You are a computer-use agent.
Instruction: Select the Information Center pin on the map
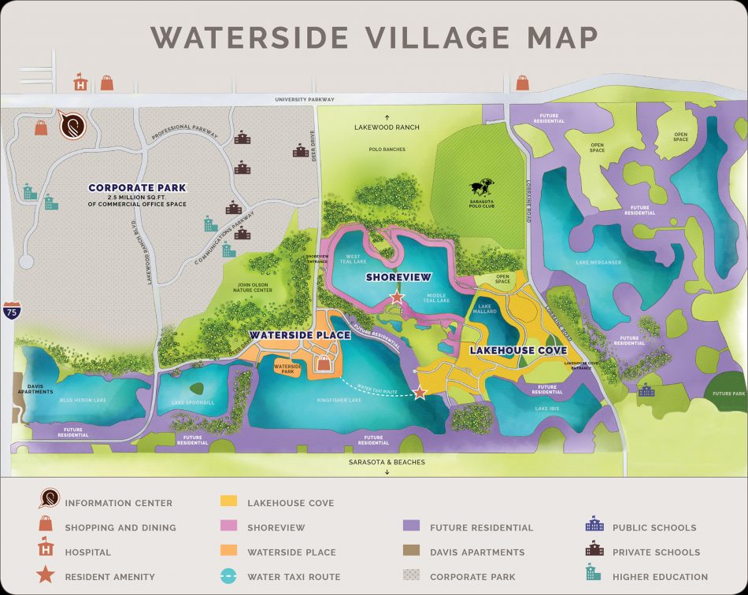pyautogui.click(x=72, y=125)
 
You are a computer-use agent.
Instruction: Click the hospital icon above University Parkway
pyautogui.click(x=80, y=83)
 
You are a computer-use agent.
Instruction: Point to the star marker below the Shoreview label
pyautogui.click(x=397, y=297)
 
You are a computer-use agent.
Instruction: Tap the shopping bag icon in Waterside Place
pyautogui.click(x=324, y=363)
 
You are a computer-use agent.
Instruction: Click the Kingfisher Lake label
pyautogui.click(x=339, y=401)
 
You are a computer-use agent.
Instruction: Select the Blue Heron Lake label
pyautogui.click(x=83, y=400)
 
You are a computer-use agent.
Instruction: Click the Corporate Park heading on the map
pyautogui.click(x=137, y=188)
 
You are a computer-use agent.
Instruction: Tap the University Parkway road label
pyautogui.click(x=305, y=100)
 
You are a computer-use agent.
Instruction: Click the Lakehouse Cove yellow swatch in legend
pyautogui.click(x=229, y=502)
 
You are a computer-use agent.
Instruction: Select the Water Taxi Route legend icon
pyautogui.click(x=229, y=576)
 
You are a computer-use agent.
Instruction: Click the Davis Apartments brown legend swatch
pyautogui.click(x=411, y=552)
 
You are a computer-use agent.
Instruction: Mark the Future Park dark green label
pyautogui.click(x=728, y=394)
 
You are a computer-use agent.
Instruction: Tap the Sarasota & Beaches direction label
pyautogui.click(x=387, y=462)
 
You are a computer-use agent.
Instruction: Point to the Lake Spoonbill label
pyautogui.click(x=194, y=403)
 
